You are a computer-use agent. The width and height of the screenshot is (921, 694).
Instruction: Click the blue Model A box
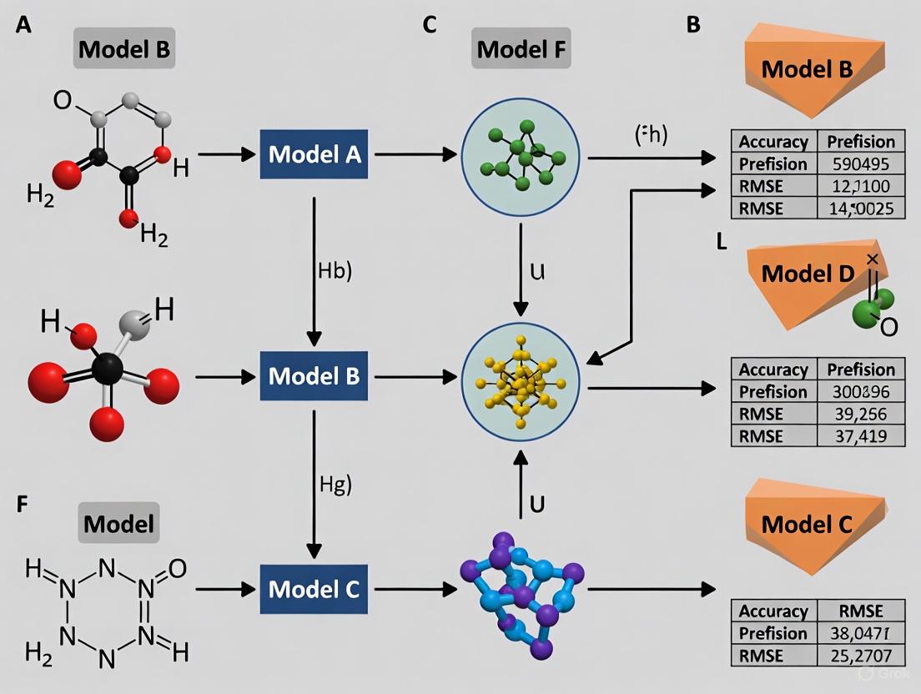point(314,154)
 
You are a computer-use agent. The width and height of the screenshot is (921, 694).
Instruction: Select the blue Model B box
point(314,376)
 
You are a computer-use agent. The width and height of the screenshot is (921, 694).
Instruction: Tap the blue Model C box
point(314,590)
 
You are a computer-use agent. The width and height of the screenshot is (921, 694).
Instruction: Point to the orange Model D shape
point(805,275)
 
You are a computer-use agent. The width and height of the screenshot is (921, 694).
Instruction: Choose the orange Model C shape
point(805,526)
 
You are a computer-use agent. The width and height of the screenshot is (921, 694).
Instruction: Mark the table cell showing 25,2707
point(860,656)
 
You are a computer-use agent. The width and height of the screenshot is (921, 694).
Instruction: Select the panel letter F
point(23,506)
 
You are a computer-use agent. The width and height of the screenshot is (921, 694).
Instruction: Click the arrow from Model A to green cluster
point(414,154)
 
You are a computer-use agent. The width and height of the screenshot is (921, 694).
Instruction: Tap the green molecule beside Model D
point(873,307)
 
